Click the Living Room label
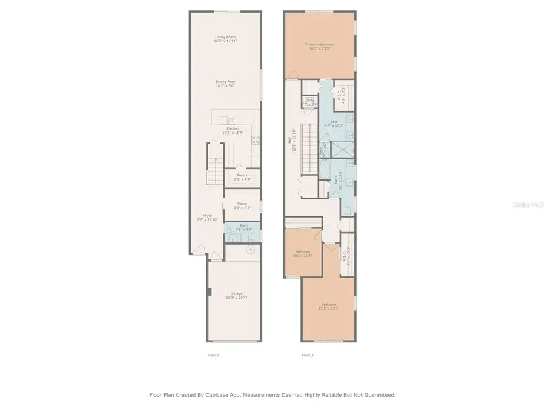[225, 39]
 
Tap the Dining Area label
[225, 83]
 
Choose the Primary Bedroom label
[320, 45]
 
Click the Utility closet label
[309, 101]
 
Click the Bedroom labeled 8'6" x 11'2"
[303, 253]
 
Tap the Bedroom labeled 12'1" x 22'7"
[329, 305]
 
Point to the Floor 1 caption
[213, 355]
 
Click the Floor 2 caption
[308, 355]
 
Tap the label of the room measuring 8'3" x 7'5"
[242, 205]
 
